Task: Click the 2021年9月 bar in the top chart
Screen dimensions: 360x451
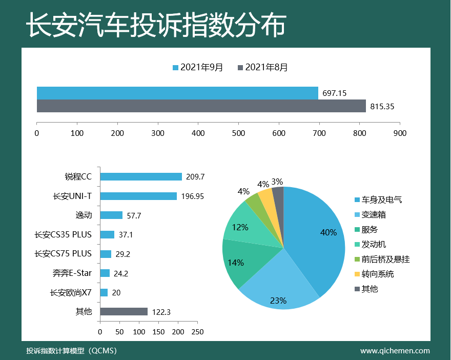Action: [x=177, y=93]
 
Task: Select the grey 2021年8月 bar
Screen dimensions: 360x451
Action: [x=201, y=106]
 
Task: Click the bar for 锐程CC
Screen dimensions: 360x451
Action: [x=141, y=176]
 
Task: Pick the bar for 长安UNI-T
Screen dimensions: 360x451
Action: [x=138, y=196]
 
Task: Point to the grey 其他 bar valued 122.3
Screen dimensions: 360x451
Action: [x=124, y=312]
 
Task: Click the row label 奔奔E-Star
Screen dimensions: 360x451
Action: [x=72, y=273]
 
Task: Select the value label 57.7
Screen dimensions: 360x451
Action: [x=134, y=216]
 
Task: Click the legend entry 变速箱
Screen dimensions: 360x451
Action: [x=377, y=215]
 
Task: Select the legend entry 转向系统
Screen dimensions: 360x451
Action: [x=377, y=274]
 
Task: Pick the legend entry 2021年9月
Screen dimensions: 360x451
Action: [x=198, y=68]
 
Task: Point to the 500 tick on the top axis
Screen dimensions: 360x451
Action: [x=238, y=133]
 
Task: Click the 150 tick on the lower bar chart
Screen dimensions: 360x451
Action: [x=159, y=332]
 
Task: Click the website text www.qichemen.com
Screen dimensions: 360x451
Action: [x=395, y=351]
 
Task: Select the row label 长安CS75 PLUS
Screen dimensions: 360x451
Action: [x=63, y=254]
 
